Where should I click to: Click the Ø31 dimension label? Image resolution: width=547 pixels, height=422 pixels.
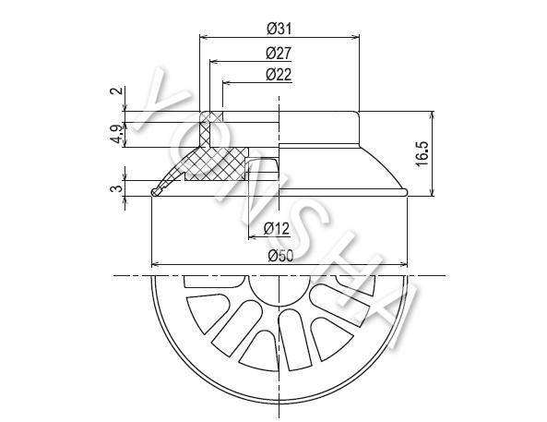pyautogui.click(x=279, y=29)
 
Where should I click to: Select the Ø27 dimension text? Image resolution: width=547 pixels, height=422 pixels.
pyautogui.click(x=279, y=54)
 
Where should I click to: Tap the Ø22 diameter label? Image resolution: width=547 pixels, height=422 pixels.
pyautogui.click(x=279, y=75)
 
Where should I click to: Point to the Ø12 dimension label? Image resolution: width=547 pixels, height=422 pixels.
pyautogui.click(x=277, y=229)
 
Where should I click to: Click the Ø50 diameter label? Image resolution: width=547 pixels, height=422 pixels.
pyautogui.click(x=280, y=256)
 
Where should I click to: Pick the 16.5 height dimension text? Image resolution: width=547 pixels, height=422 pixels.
pyautogui.click(x=422, y=153)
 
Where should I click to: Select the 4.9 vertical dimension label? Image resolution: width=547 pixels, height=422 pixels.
pyautogui.click(x=117, y=134)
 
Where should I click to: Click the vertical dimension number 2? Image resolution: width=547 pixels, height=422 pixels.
pyautogui.click(x=117, y=90)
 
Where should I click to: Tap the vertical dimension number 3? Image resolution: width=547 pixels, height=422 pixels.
pyautogui.click(x=117, y=188)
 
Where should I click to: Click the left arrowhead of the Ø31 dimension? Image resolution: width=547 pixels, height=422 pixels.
pyautogui.click(x=203, y=36)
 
